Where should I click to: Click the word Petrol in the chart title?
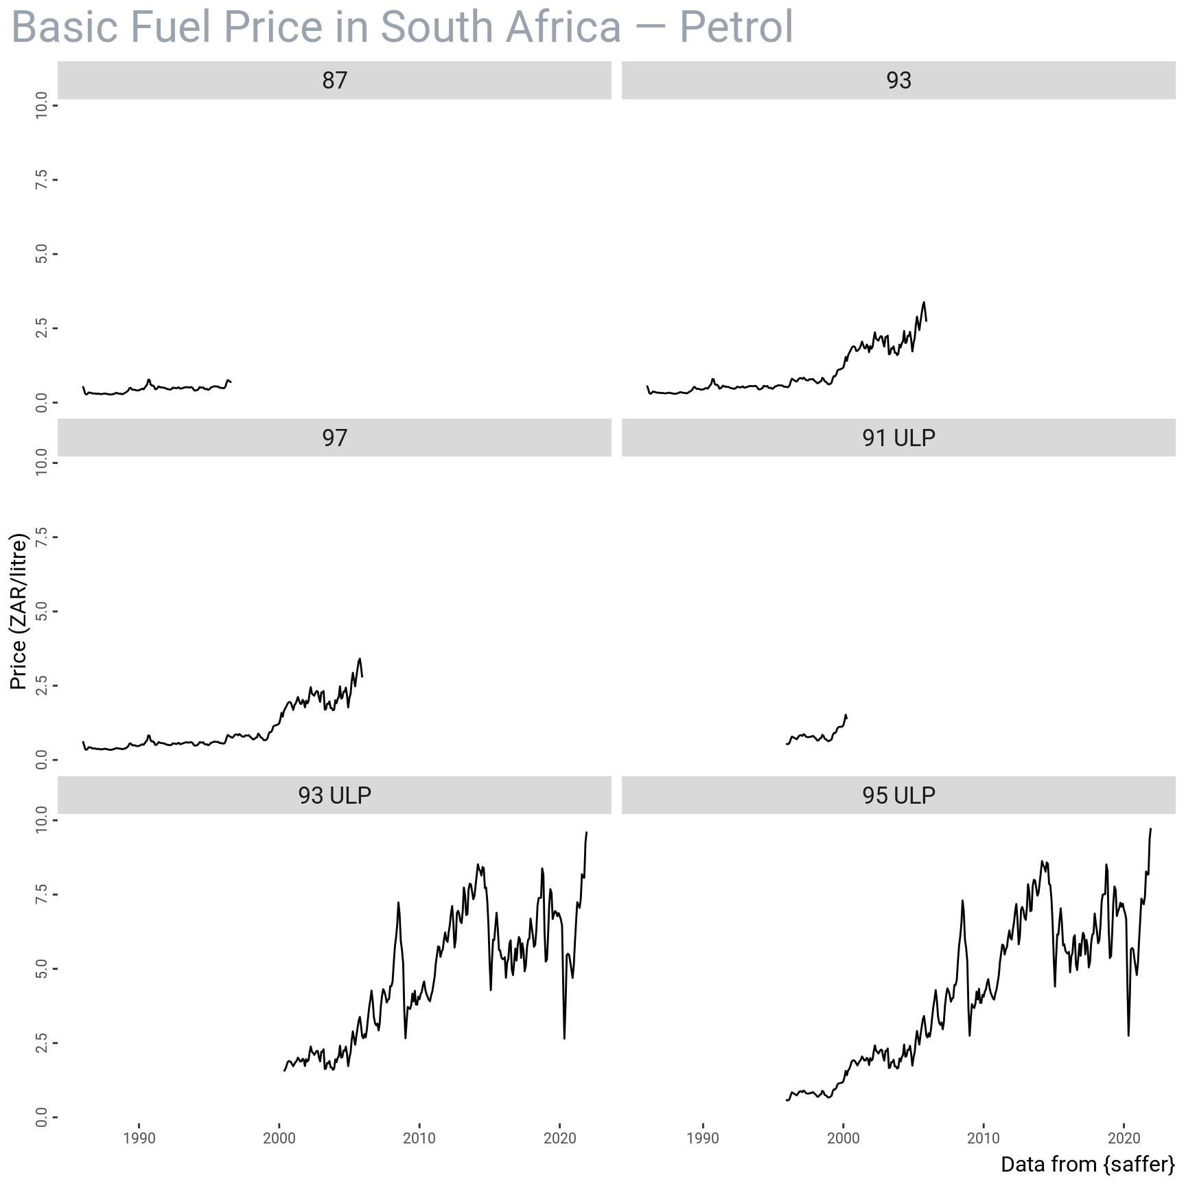736,27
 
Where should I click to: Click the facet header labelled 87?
334,80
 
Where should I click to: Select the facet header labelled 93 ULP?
334,795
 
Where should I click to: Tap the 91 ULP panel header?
898,438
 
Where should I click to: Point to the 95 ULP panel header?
898,795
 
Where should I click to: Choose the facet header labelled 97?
334,438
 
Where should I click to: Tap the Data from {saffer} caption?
1087,1164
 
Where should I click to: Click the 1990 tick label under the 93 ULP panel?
139,1138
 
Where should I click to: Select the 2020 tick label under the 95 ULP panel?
1124,1138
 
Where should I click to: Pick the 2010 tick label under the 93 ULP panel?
419,1138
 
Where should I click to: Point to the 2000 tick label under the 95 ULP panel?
843,1138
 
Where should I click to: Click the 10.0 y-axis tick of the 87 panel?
42,105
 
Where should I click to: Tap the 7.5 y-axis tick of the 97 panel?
42,537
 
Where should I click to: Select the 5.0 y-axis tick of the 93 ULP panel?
42,968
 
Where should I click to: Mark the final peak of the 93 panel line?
924,302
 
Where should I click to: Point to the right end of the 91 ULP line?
847,717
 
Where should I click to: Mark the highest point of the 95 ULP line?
1150,829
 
